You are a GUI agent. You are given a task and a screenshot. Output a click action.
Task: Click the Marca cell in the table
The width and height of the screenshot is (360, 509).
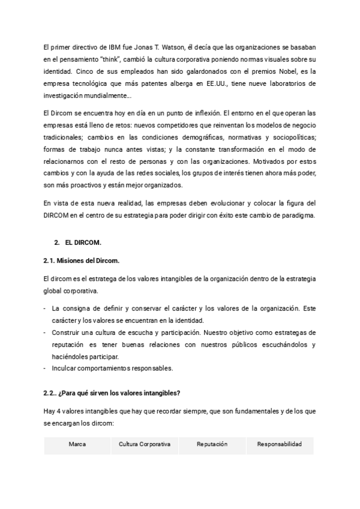pyautogui.click(x=77, y=444)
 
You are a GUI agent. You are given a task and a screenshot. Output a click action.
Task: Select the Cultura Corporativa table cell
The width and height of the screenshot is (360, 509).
pyautogui.click(x=145, y=444)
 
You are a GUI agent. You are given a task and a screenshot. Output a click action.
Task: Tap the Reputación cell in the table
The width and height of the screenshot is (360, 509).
pyautogui.click(x=212, y=444)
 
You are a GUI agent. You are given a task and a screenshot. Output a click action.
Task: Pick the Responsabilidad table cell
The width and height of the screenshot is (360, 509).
pyautogui.click(x=279, y=444)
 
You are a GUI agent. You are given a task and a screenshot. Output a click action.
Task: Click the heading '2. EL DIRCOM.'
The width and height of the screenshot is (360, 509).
pyautogui.click(x=77, y=242)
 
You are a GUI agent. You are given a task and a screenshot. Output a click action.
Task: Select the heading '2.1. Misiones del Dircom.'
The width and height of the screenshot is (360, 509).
pyautogui.click(x=82, y=261)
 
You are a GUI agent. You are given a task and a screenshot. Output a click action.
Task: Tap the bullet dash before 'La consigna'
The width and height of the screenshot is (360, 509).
pyautogui.click(x=46, y=309)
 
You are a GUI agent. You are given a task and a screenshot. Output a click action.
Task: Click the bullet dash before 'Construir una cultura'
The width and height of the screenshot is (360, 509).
pyautogui.click(x=46, y=332)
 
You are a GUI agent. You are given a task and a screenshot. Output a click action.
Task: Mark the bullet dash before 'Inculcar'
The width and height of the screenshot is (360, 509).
pyautogui.click(x=46, y=367)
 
